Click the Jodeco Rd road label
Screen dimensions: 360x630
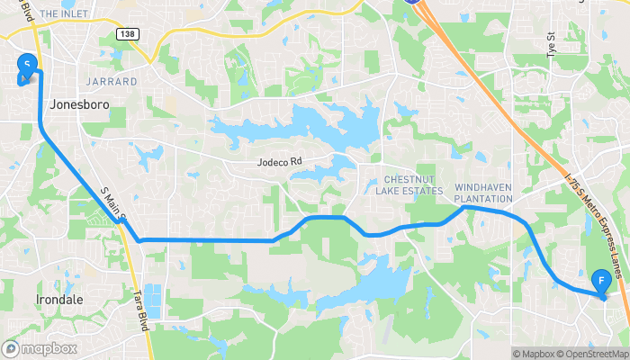tap(279, 163)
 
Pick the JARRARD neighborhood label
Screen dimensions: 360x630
tap(112, 81)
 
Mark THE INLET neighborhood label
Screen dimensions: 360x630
tap(62, 14)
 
